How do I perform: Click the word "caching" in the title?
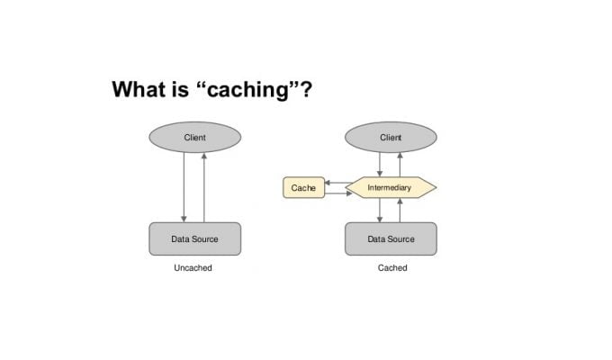(x=247, y=91)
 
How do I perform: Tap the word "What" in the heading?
(x=137, y=89)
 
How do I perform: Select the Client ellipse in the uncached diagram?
(x=195, y=137)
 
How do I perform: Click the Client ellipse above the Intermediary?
(x=391, y=137)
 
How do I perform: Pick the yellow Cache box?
(x=303, y=187)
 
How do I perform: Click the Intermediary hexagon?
(x=391, y=187)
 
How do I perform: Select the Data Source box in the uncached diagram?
(x=195, y=239)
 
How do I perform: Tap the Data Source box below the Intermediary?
(x=391, y=239)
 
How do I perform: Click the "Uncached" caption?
(x=193, y=268)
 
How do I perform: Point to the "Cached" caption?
(x=392, y=268)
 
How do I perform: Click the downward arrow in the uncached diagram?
(x=184, y=187)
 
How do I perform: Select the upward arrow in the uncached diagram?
(x=203, y=187)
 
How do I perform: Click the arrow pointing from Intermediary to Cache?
(x=338, y=183)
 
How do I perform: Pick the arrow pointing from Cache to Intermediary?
(x=338, y=193)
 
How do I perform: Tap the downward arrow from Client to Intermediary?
(x=380, y=165)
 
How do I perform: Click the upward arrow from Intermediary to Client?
(x=400, y=165)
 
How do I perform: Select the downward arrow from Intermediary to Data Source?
(x=380, y=211)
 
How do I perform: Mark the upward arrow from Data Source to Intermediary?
(x=400, y=211)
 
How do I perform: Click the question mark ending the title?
(x=306, y=89)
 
